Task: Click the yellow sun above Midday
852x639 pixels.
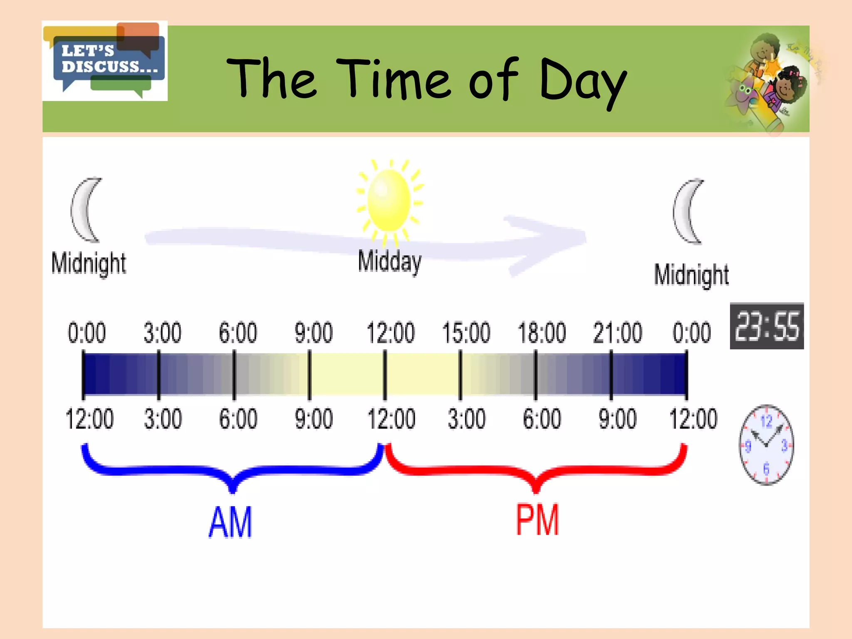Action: [x=389, y=201]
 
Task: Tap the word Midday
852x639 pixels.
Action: [x=389, y=261]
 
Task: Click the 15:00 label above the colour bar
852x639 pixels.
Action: [x=466, y=333]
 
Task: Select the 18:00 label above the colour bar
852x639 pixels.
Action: [x=542, y=333]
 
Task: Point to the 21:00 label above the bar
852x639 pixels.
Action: [x=617, y=333]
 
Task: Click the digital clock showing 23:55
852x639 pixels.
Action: [x=767, y=326]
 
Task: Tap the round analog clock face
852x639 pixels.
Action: [x=766, y=445]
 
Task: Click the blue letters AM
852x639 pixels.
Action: [x=230, y=522]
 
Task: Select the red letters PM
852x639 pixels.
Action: [x=537, y=520]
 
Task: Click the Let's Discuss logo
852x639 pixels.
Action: [x=105, y=61]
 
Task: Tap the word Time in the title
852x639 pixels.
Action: [x=393, y=79]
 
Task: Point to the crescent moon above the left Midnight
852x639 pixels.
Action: [x=85, y=210]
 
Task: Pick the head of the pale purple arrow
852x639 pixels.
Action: [x=549, y=243]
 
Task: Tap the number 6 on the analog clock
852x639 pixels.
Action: [x=766, y=469]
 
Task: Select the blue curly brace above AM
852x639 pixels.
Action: [x=233, y=470]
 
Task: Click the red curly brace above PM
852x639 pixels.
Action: [x=536, y=470]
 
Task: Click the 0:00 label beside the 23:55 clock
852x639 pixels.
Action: [x=691, y=333]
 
